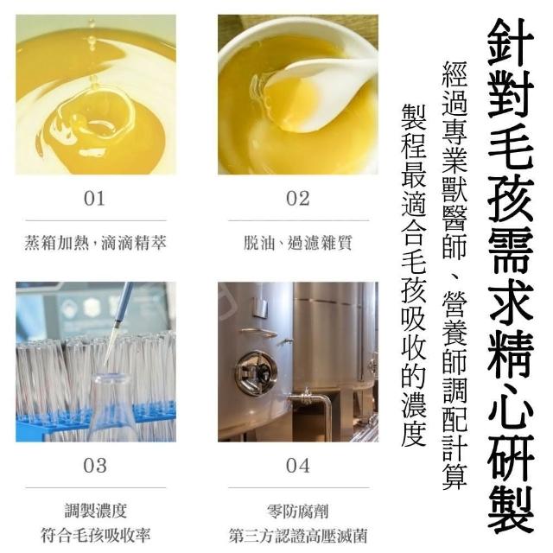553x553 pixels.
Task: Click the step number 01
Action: click(x=94, y=198)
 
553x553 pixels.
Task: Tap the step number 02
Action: click(x=298, y=198)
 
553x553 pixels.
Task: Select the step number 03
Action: click(x=95, y=465)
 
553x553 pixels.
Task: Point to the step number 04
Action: click(x=298, y=465)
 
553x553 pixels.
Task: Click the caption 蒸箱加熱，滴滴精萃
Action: click(x=95, y=243)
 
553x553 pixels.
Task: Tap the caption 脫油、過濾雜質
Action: click(x=298, y=243)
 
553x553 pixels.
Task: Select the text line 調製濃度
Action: click(x=96, y=511)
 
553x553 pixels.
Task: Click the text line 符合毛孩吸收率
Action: click(x=96, y=536)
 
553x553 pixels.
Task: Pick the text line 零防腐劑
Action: click(x=298, y=511)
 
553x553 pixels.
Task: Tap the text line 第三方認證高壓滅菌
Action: click(x=298, y=536)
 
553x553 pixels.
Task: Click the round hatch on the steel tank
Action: click(x=257, y=372)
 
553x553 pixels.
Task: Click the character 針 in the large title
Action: click(x=511, y=42)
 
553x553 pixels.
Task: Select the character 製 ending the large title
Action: click(x=511, y=510)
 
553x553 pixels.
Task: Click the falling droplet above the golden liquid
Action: click(x=92, y=41)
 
